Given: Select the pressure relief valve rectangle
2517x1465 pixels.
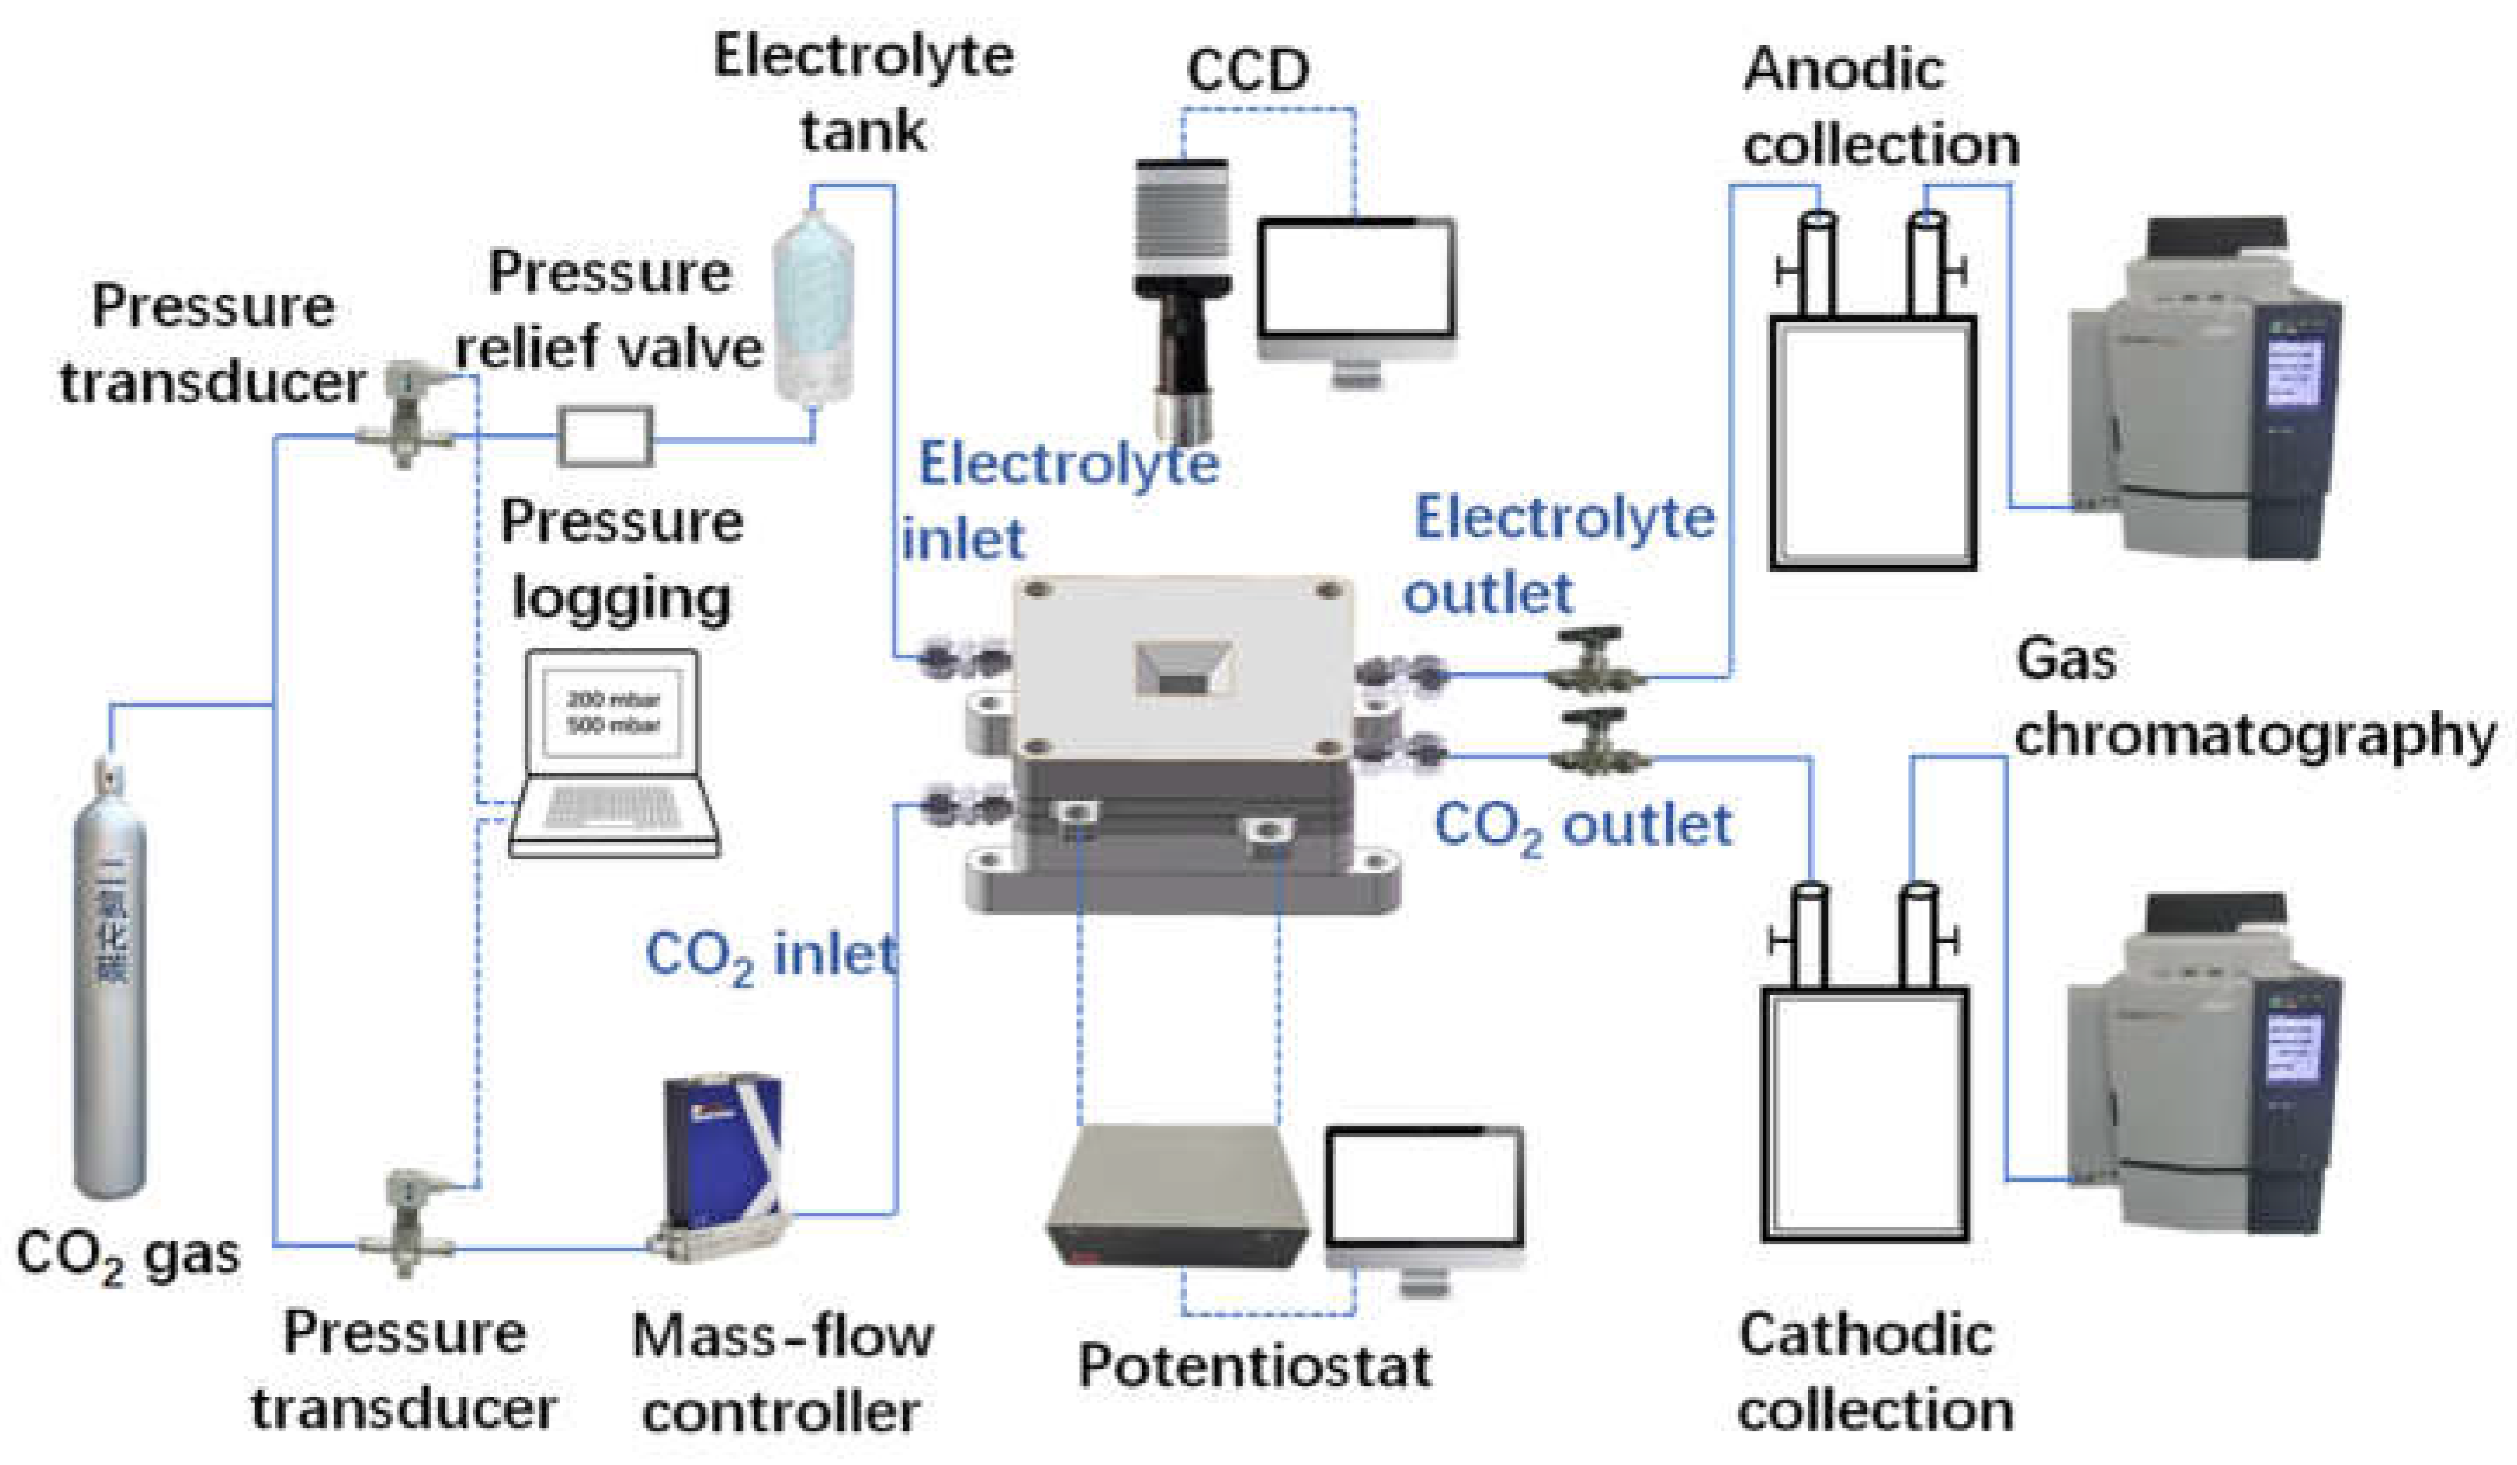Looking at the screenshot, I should coord(605,437).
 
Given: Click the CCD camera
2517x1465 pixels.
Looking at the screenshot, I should coord(1182,300).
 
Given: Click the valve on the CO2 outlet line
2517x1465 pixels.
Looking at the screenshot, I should coord(1598,744).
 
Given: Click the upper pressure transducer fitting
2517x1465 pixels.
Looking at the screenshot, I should coord(404,415).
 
